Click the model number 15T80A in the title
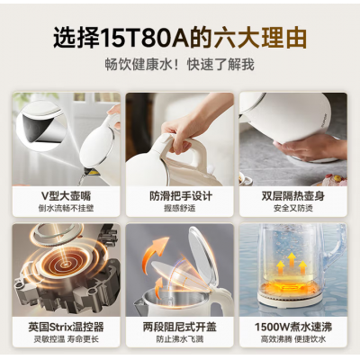[x=145, y=38]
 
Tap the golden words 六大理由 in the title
[x=260, y=38]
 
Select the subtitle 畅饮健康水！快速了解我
[x=180, y=65]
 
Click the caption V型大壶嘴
[x=66, y=196]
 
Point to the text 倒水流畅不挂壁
[x=66, y=208]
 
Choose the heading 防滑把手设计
[x=181, y=196]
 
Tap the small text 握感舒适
[x=180, y=208]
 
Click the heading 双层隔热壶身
[x=293, y=196]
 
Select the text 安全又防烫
[x=293, y=208]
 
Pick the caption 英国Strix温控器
[x=66, y=327]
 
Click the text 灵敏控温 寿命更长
[x=66, y=339]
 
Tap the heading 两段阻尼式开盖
[x=180, y=327]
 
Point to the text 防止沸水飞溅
[x=180, y=339]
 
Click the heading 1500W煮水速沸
[x=293, y=327]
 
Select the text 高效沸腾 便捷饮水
[x=293, y=339]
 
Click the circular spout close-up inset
[x=40, y=127]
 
